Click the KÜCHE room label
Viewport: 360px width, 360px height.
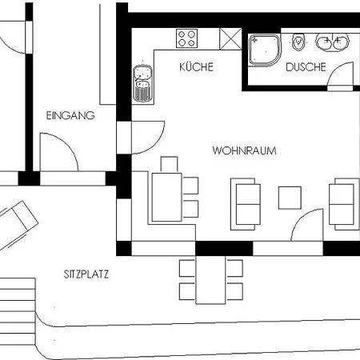[x=196, y=66]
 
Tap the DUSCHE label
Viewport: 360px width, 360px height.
[x=306, y=67]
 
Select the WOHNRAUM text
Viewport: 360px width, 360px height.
[x=244, y=150]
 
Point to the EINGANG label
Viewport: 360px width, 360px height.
[x=70, y=115]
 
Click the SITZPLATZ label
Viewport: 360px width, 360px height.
[x=86, y=274]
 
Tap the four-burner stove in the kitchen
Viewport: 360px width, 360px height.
[x=186, y=38]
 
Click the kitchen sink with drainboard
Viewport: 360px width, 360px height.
[x=143, y=83]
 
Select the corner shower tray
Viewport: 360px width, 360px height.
[x=265, y=50]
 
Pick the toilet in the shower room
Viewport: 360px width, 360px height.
[x=298, y=42]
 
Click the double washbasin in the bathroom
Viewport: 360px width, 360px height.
[x=332, y=42]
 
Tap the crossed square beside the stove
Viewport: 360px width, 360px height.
[x=230, y=39]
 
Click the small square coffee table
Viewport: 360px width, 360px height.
[x=290, y=198]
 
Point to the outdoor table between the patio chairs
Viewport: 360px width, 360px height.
[x=210, y=280]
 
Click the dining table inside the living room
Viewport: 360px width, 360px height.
[x=167, y=197]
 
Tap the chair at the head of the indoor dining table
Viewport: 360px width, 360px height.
[x=169, y=164]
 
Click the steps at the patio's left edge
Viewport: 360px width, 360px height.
[x=18, y=311]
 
